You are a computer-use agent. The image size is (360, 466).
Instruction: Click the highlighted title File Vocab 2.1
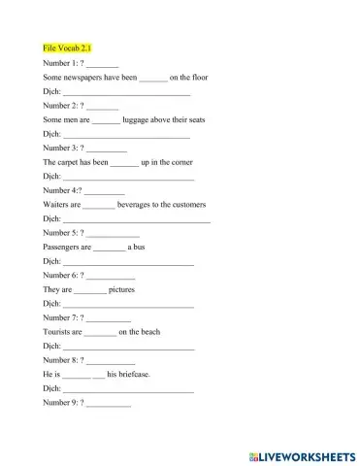pos(68,48)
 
